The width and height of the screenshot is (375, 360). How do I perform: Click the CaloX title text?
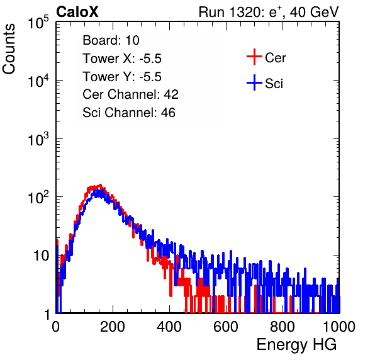coord(77,12)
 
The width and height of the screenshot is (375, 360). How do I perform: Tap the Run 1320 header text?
coord(269,12)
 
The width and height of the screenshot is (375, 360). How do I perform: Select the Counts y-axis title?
coord(9,49)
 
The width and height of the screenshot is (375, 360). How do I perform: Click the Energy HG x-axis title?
coord(296,345)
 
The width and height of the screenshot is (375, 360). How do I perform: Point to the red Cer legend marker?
coord(254,57)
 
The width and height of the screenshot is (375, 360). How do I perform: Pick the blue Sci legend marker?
coord(254,82)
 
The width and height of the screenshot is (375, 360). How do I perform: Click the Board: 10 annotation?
coord(111,40)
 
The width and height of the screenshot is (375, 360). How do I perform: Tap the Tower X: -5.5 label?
coord(122,59)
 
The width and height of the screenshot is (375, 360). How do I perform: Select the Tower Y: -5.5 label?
coord(122,77)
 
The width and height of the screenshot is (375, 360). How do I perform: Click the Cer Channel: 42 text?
coord(131,94)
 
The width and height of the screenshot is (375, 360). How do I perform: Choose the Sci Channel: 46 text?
coord(129,113)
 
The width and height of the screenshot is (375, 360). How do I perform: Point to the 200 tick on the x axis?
coord(113,326)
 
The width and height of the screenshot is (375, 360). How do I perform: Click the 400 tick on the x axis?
coord(169,326)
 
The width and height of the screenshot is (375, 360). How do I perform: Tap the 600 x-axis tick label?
coord(226,326)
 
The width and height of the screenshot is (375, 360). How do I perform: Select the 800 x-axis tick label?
coord(283,326)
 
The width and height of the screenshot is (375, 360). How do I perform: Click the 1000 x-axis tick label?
coord(339,326)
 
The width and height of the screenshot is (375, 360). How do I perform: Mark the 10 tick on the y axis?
coord(42,256)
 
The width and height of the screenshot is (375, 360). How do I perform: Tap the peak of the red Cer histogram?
coord(101,185)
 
